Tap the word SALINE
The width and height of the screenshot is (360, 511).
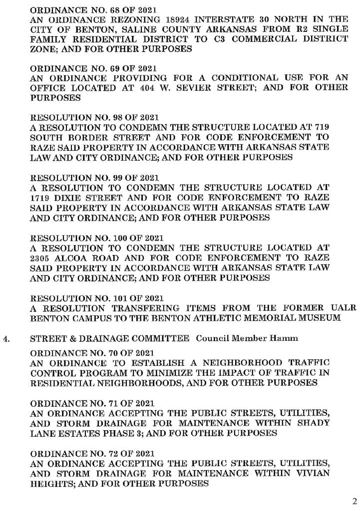pyautogui.click(x=144, y=29)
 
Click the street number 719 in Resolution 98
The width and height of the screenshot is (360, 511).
pyautogui.click(x=320, y=128)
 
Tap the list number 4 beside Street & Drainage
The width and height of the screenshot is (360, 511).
pyautogui.click(x=6, y=339)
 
